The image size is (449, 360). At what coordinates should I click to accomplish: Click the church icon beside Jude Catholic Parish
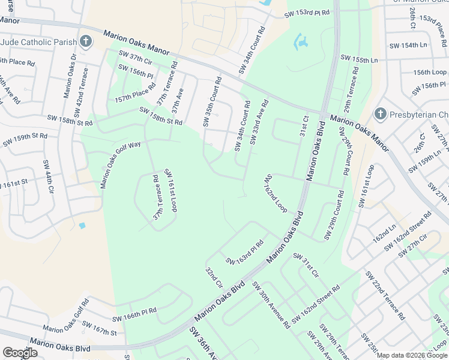[86, 42]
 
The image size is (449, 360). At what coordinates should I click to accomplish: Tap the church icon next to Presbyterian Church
[379, 114]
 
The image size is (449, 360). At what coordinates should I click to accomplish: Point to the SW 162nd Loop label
[276, 193]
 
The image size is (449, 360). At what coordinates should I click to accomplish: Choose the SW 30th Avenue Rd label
[271, 305]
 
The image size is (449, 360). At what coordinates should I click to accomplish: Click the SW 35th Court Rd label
[212, 101]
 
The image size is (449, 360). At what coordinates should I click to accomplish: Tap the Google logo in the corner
[20, 352]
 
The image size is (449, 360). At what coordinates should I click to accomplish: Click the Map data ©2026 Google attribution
[412, 355]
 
